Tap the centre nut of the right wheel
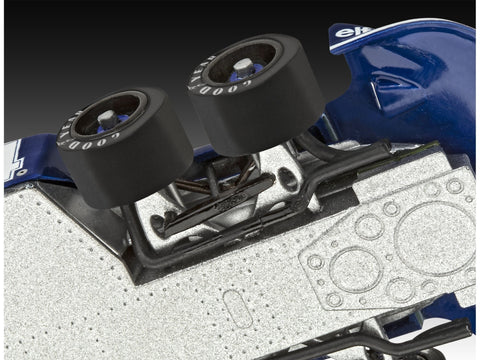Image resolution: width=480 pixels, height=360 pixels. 243,66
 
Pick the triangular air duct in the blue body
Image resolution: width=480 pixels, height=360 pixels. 385,96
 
